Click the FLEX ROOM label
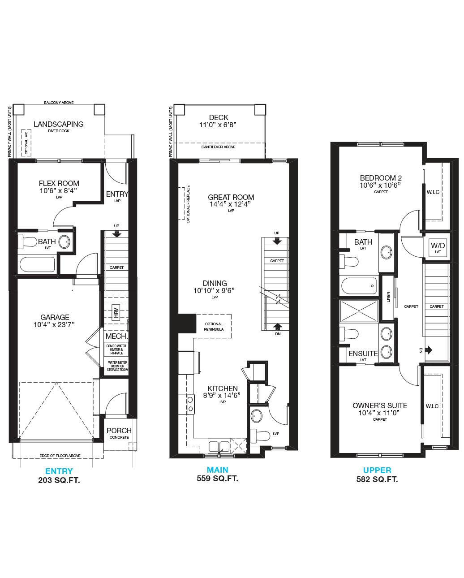tap(59, 183)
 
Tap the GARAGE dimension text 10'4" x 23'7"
tap(54, 324)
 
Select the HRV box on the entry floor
tap(116, 311)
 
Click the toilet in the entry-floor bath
tap(27, 242)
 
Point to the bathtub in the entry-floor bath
tap(37, 264)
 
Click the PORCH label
tap(119, 431)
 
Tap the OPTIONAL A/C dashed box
tap(26, 142)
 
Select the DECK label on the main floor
tap(219, 117)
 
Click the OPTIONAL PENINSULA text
tap(214, 327)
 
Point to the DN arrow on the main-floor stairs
tap(278, 326)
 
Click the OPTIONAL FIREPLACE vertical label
tap(188, 204)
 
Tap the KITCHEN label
tap(222, 388)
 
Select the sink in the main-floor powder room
tap(257, 416)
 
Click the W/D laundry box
tap(438, 247)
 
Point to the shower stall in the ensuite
tap(359, 311)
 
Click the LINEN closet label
tap(388, 297)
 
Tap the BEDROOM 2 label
tap(381, 178)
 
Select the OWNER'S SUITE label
tap(380, 405)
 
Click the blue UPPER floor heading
tap(377, 470)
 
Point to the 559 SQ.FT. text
tap(217, 479)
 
